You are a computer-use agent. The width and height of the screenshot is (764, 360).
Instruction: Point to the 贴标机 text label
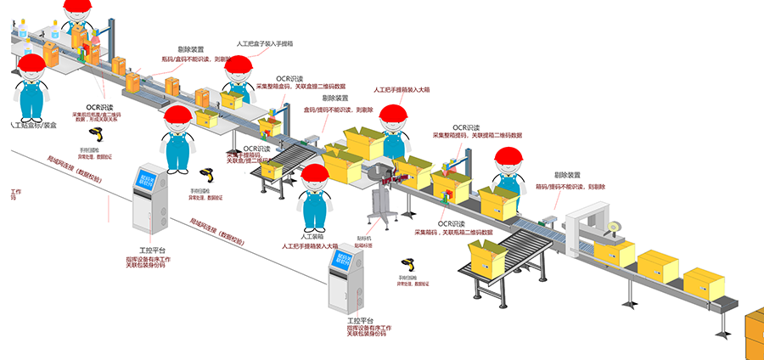click(364, 239)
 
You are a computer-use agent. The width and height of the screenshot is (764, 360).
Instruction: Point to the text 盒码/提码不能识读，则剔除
click(340, 109)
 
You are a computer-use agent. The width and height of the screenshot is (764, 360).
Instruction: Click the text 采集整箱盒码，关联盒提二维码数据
click(301, 87)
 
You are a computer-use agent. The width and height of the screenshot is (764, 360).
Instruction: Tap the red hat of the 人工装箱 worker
click(315, 173)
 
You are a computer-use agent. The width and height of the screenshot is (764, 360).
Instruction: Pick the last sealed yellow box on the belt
click(704, 282)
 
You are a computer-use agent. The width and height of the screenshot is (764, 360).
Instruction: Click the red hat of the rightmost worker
click(509, 155)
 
